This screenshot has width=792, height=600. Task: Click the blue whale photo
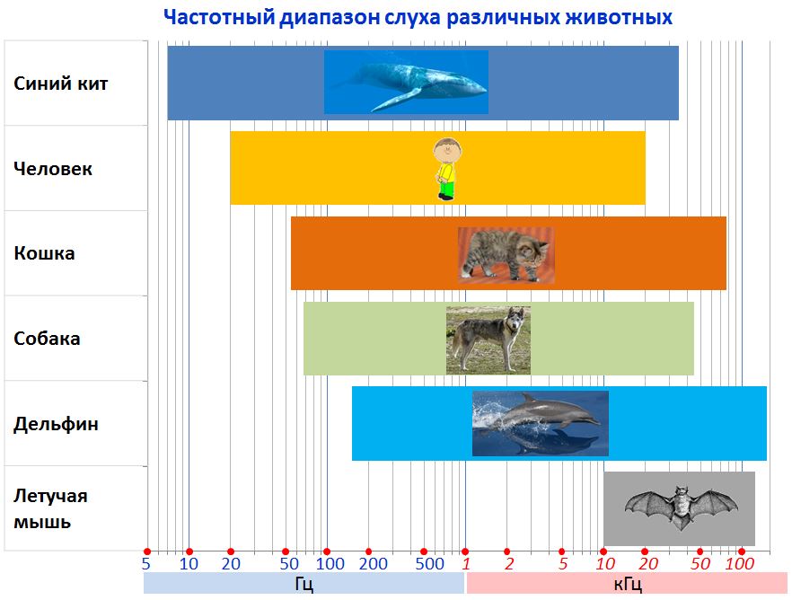tap(406, 82)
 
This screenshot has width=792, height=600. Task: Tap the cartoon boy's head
tap(447, 150)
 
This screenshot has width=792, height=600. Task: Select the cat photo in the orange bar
tap(506, 255)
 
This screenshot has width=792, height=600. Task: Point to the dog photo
tap(488, 340)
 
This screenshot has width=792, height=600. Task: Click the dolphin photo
tap(541, 423)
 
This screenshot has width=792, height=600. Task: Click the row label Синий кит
tap(61, 84)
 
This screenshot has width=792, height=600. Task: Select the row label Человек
tap(53, 169)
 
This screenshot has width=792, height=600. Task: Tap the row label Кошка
tap(45, 253)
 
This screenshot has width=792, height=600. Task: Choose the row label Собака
tap(47, 339)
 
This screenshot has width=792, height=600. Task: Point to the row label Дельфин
tap(56, 424)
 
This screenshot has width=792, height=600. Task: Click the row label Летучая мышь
tap(50, 508)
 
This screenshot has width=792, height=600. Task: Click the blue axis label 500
tap(429, 564)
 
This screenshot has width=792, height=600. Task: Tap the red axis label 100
tap(740, 564)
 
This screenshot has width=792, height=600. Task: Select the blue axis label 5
tap(146, 564)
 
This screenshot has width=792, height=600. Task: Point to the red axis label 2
tap(509, 564)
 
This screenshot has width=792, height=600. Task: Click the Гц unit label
tap(304, 585)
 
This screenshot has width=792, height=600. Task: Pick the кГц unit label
tap(628, 585)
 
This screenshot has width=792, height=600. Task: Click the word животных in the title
tap(619, 17)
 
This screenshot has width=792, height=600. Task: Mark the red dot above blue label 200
tap(368, 551)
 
